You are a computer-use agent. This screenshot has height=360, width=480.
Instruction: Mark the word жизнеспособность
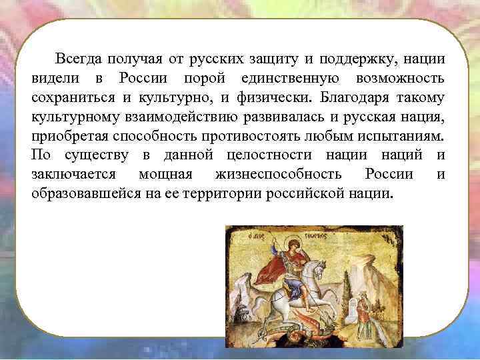pyautogui.click(x=278, y=175)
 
